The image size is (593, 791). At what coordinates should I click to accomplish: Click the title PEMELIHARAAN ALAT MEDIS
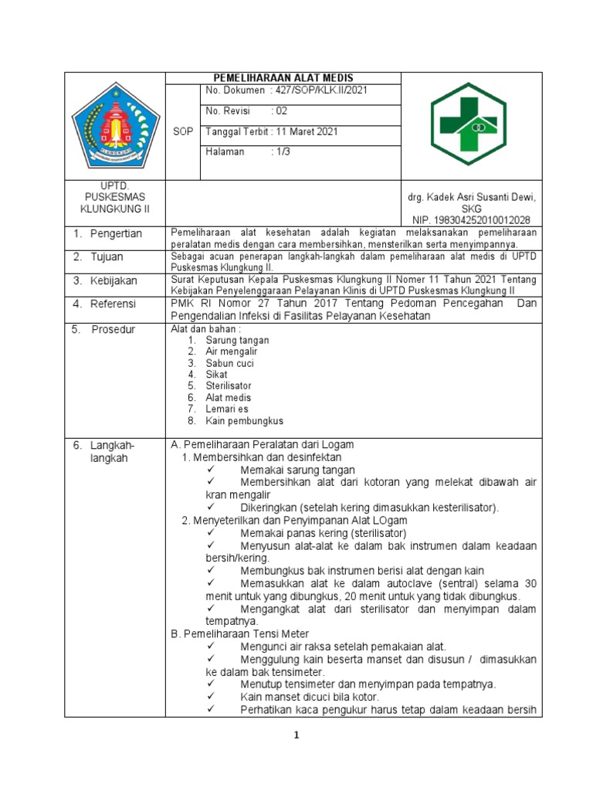283,78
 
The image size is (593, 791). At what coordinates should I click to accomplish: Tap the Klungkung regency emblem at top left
115,124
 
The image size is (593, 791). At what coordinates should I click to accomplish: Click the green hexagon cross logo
471,124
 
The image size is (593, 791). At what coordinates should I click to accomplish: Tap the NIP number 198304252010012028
471,220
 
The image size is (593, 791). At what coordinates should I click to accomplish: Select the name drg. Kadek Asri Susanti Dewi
471,198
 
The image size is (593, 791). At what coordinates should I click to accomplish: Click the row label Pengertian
116,233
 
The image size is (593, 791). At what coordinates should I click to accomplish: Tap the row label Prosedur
113,329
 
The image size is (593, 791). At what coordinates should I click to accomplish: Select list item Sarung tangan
237,340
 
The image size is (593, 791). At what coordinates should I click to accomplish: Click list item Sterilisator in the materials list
229,385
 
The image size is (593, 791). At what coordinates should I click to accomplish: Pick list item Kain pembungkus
245,421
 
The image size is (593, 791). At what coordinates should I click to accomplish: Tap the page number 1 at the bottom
296,736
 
